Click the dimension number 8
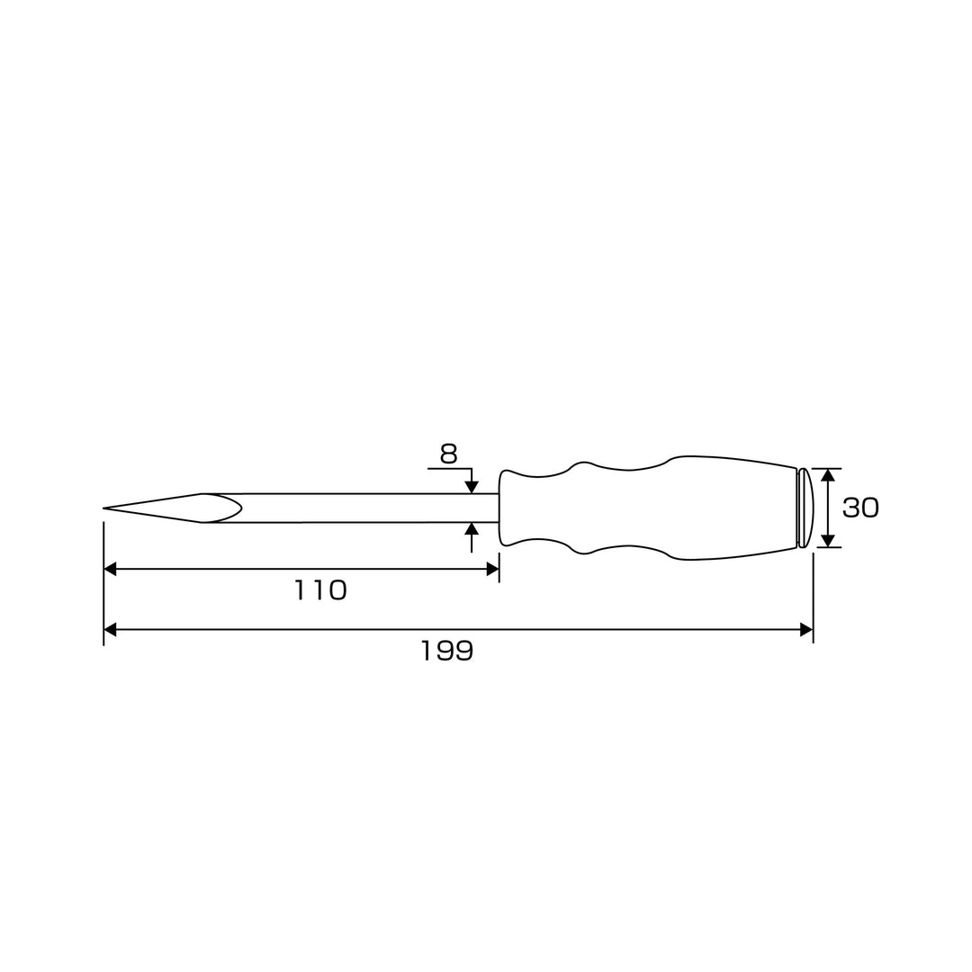448,454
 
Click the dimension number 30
860,508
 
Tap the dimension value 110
319,590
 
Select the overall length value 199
447,651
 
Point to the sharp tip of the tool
104,508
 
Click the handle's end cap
805,508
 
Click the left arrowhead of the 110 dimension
110,569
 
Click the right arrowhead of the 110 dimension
493,569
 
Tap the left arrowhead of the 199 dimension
110,630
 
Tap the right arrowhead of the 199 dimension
806,630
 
